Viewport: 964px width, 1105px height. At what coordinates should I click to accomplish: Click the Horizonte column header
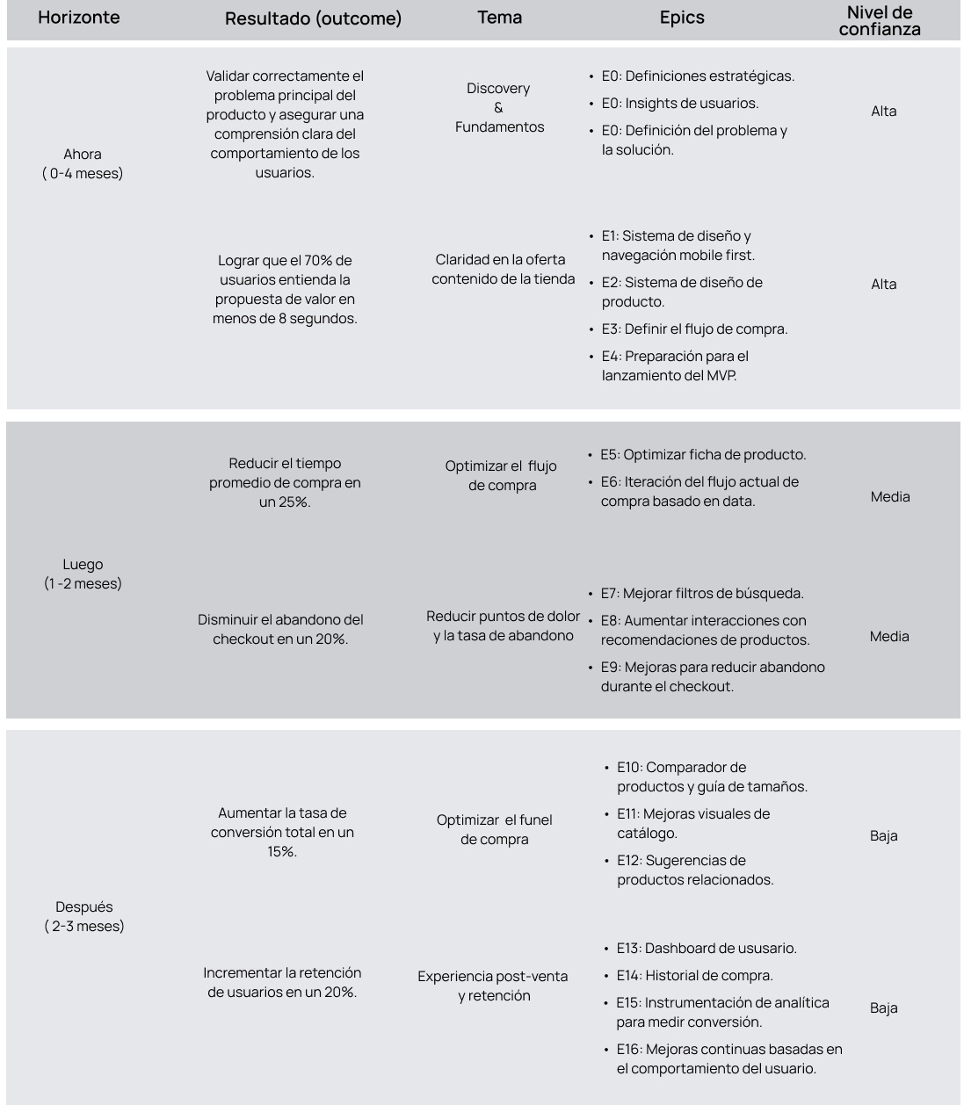point(79,18)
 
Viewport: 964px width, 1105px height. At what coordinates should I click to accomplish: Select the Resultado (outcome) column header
point(313,18)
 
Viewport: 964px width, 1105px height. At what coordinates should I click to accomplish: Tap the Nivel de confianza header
point(880,20)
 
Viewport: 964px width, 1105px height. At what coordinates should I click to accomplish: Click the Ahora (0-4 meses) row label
point(83,163)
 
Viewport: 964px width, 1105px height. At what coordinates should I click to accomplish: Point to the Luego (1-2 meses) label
point(83,574)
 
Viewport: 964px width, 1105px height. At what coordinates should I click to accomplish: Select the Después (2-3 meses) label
point(84,916)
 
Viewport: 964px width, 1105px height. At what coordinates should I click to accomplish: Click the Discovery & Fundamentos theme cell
point(499,107)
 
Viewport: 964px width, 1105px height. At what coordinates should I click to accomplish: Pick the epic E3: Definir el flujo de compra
point(694,329)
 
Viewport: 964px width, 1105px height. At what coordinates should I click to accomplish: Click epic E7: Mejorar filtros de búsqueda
point(702,594)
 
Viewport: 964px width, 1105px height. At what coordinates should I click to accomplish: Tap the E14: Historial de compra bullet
point(694,976)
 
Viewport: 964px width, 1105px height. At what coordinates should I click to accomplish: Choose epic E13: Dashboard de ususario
point(707,949)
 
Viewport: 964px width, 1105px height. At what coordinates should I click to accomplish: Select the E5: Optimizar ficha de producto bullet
point(703,455)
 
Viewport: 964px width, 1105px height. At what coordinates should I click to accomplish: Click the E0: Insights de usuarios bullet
point(680,104)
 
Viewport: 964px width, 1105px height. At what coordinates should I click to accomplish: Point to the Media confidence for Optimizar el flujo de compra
point(890,497)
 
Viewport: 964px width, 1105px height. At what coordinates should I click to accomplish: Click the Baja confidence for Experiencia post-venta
point(884,1008)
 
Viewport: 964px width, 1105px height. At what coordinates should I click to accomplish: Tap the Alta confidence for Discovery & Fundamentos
point(884,112)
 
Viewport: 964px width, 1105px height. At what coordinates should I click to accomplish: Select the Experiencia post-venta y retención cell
point(493,986)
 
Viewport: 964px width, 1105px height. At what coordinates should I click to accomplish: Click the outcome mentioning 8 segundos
point(285,289)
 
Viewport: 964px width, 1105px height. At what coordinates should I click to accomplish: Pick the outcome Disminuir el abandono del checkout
point(280,629)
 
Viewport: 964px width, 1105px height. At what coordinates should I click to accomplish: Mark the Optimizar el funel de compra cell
point(494,829)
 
